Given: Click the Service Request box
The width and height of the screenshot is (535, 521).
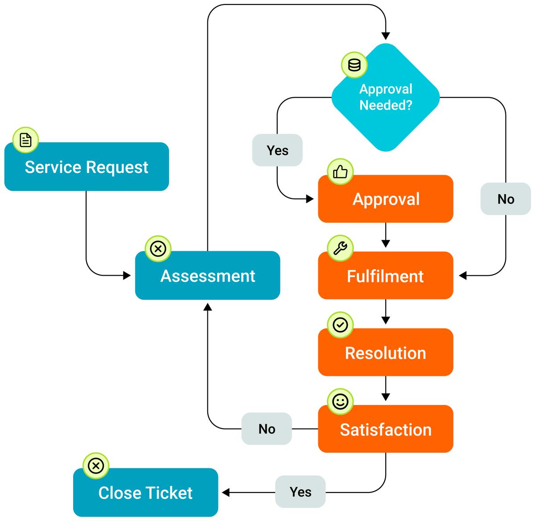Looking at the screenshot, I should click(x=86, y=167).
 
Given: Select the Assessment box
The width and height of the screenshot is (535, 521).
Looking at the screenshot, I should click(x=208, y=276).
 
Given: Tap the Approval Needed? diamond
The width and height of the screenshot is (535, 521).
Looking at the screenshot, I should click(x=386, y=98).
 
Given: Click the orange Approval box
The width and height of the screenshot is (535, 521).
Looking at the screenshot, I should click(x=386, y=199).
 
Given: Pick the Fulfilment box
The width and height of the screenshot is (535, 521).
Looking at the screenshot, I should click(x=386, y=276).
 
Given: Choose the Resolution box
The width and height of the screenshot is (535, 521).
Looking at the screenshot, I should click(x=386, y=352).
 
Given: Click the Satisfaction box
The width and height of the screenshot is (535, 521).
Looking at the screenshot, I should click(x=386, y=429).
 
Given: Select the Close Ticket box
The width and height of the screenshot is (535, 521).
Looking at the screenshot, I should click(x=145, y=492).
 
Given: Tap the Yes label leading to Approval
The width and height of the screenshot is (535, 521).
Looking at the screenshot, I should click(x=277, y=150).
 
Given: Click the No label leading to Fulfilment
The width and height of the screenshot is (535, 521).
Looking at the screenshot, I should click(x=506, y=199).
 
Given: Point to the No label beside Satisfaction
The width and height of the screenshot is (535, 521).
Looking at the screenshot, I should click(x=267, y=429).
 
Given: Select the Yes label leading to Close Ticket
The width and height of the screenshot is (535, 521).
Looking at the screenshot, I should click(x=300, y=492).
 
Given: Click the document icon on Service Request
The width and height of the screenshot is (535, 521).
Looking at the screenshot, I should click(x=26, y=140).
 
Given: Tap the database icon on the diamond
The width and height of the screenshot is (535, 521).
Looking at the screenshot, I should click(x=354, y=65).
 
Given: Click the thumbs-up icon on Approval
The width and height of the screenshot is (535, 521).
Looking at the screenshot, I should click(x=340, y=172).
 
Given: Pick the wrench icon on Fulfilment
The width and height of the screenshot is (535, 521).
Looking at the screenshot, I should click(x=340, y=248).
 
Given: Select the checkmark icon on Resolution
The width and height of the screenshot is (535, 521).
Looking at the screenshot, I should click(x=340, y=325).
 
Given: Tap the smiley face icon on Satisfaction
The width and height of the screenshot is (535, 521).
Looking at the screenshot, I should click(x=340, y=401).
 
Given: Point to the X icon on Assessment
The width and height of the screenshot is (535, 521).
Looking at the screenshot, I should click(x=158, y=248).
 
